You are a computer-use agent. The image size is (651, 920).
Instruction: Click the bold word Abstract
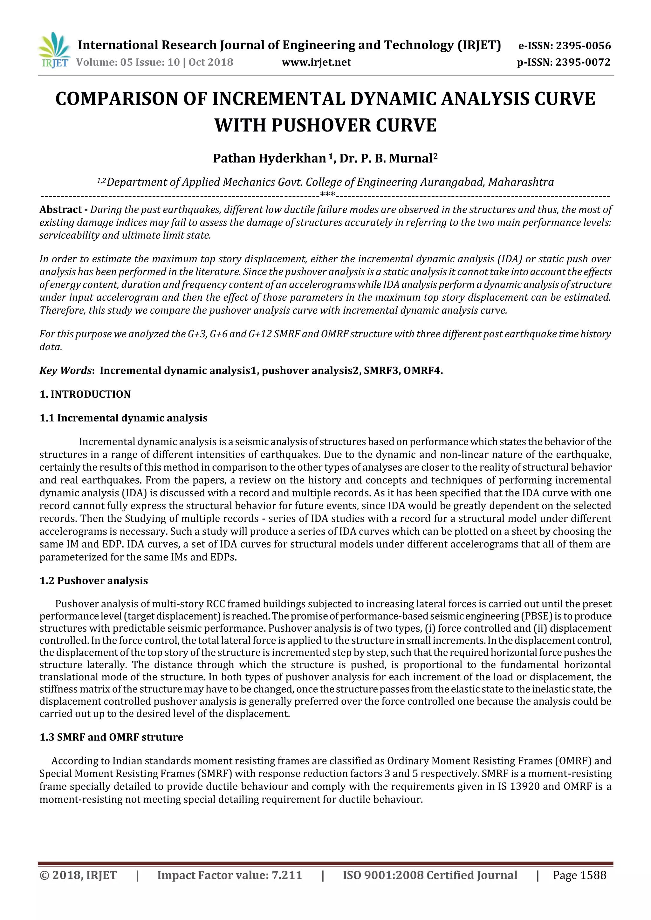pos(61,210)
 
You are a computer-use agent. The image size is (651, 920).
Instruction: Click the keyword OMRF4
pos(422,370)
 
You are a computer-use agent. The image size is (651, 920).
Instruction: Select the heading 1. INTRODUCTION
pos(85,394)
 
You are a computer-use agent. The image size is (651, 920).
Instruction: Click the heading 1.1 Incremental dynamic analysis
pos(124,418)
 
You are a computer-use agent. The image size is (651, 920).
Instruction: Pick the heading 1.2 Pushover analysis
pos(93,581)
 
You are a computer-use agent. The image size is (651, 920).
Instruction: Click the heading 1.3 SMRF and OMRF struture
pos(111,737)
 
